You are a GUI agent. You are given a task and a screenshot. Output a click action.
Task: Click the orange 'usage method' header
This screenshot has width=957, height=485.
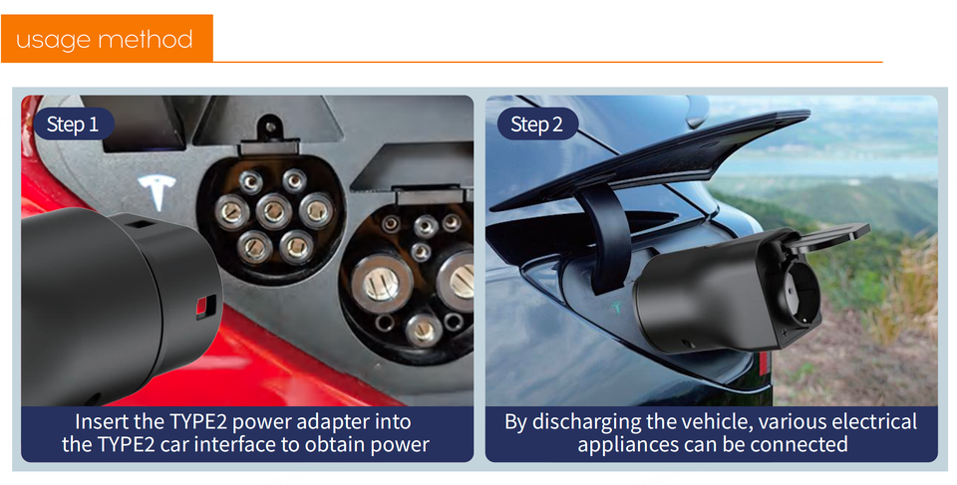[x=107, y=39]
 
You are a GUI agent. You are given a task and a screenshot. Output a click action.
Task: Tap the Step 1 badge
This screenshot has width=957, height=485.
[x=73, y=124]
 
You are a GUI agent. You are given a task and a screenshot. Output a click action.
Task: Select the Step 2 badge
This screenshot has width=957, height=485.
[x=537, y=124]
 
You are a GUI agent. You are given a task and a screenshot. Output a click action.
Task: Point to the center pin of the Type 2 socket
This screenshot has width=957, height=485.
[x=274, y=211]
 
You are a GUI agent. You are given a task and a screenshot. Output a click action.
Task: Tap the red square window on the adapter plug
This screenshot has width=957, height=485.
[x=205, y=307]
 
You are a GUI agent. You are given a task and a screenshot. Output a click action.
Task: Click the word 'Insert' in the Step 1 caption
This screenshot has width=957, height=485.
[x=99, y=421]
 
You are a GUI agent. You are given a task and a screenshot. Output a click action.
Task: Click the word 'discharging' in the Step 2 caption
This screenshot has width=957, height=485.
[x=580, y=422]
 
